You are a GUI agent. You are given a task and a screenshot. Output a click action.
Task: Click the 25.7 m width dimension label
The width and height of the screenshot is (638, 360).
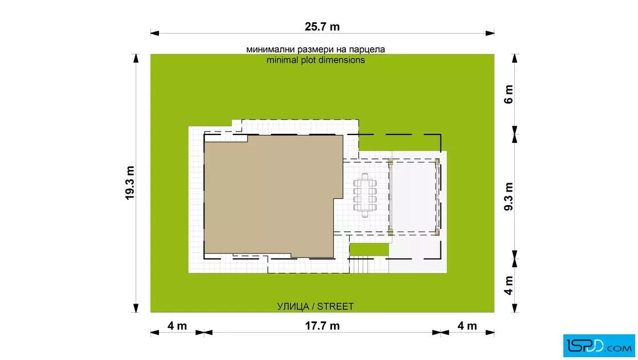point(322,27)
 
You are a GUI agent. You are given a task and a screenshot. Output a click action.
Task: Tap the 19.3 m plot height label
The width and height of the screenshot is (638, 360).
point(130,183)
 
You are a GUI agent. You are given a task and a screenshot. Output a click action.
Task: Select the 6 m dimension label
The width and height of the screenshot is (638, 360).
point(509,95)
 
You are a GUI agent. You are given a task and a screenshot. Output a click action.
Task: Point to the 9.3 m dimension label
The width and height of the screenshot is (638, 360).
point(509,197)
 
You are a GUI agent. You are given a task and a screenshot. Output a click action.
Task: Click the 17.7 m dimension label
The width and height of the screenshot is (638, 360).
point(322,326)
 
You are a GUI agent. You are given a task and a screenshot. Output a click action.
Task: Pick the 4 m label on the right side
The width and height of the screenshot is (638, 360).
point(509,285)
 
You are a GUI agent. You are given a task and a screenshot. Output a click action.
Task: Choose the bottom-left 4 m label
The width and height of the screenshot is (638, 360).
point(177,326)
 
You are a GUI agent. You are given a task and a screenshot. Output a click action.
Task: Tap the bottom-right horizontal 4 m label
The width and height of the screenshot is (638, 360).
point(467,326)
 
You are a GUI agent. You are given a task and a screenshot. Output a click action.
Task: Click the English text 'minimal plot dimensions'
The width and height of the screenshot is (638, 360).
point(316,60)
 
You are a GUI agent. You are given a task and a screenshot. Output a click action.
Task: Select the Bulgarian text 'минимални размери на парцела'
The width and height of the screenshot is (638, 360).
point(316,50)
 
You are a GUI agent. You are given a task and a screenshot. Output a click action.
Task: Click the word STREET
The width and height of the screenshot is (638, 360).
point(336,306)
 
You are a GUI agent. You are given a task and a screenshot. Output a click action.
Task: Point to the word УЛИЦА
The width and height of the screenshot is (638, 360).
point(293,306)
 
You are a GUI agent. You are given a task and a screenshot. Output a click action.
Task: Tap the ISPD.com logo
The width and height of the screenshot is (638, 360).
point(599,346)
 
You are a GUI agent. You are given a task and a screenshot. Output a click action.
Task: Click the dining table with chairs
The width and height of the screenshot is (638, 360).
point(365,195)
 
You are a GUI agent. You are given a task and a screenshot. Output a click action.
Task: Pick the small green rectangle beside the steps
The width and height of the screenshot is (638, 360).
point(369,249)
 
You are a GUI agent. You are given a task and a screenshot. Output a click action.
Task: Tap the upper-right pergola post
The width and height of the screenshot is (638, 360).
point(437,162)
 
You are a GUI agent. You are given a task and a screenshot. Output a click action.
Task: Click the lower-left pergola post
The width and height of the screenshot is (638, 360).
point(390,232)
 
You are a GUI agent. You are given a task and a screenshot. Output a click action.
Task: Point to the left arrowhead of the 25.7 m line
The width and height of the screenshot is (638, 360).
point(154,34)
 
